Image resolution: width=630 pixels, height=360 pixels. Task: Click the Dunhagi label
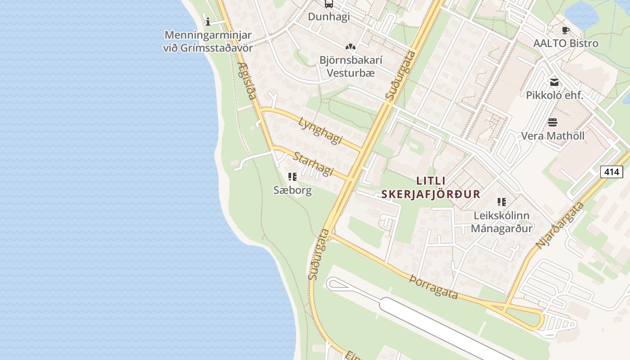[328, 17]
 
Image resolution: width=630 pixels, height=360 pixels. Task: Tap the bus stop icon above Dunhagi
[329, 4]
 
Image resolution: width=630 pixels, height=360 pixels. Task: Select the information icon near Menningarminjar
[208, 21]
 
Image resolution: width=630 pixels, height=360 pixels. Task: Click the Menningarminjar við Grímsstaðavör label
[208, 41]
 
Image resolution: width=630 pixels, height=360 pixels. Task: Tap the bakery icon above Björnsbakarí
[350, 46]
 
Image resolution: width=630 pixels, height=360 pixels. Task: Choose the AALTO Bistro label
[566, 43]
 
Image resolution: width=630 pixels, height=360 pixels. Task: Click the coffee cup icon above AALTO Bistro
[566, 31]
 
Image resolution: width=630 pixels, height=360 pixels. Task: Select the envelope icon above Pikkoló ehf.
[554, 82]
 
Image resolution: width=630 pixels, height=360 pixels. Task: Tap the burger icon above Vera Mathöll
[553, 122]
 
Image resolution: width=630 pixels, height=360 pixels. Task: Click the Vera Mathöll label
[553, 135]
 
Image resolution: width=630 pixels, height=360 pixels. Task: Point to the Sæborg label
[292, 190]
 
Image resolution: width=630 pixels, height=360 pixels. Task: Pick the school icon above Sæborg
[292, 177]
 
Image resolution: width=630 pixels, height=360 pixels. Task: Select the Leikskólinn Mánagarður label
[502, 222]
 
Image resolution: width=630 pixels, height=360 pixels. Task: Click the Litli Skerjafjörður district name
[431, 187]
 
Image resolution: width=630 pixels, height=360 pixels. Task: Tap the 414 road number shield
[612, 171]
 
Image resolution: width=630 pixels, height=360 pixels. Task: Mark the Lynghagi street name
[320, 131]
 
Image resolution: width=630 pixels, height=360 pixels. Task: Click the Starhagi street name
[313, 164]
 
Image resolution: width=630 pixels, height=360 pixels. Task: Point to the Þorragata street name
[434, 287]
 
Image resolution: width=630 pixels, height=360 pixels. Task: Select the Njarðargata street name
[560, 225]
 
